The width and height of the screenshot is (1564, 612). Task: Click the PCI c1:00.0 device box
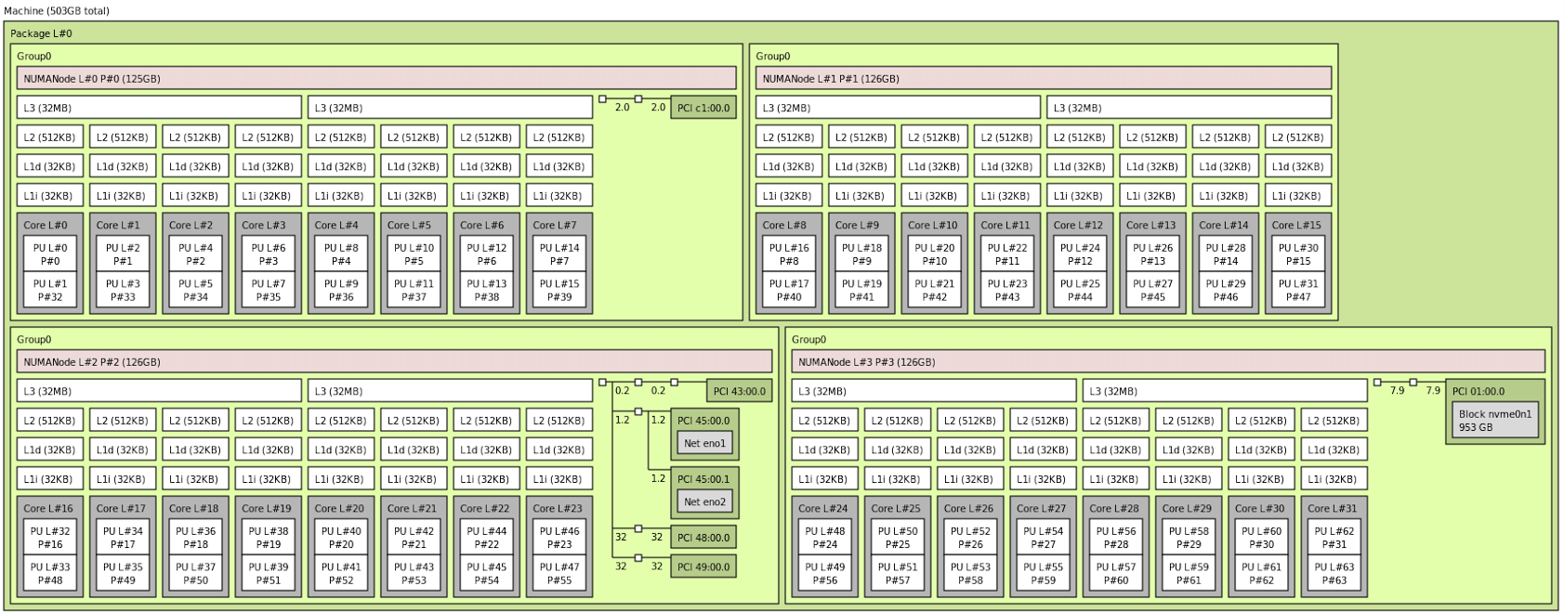pyautogui.click(x=703, y=108)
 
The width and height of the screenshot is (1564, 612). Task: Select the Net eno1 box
pyautogui.click(x=704, y=443)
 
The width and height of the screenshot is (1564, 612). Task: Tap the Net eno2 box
pyautogui.click(x=704, y=501)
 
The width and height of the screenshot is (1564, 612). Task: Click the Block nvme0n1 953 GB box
pyautogui.click(x=1495, y=421)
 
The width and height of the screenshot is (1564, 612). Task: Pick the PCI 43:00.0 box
pyautogui.click(x=740, y=391)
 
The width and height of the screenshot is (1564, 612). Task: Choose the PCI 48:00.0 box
pyautogui.click(x=703, y=537)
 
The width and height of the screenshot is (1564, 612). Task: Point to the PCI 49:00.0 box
pyautogui.click(x=703, y=566)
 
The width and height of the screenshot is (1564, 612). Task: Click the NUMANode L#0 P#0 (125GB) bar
pyautogui.click(x=376, y=79)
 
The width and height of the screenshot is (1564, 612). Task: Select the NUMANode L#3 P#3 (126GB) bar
pyautogui.click(x=1168, y=362)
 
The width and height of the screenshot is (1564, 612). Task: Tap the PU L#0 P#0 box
pyautogui.click(x=50, y=254)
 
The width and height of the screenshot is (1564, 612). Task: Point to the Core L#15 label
pyautogui.click(x=1296, y=225)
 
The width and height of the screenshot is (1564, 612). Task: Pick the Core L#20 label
pyautogui.click(x=339, y=508)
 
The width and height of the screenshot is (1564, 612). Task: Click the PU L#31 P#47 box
pyautogui.click(x=1297, y=291)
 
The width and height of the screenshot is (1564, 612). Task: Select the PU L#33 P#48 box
pyautogui.click(x=50, y=574)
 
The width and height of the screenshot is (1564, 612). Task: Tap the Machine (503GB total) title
pyautogui.click(x=57, y=11)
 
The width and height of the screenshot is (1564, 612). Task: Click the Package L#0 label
pyautogui.click(x=41, y=33)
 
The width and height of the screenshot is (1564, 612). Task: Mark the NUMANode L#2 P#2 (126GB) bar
pyautogui.click(x=394, y=362)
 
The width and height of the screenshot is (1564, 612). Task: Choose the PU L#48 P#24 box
pyautogui.click(x=825, y=538)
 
